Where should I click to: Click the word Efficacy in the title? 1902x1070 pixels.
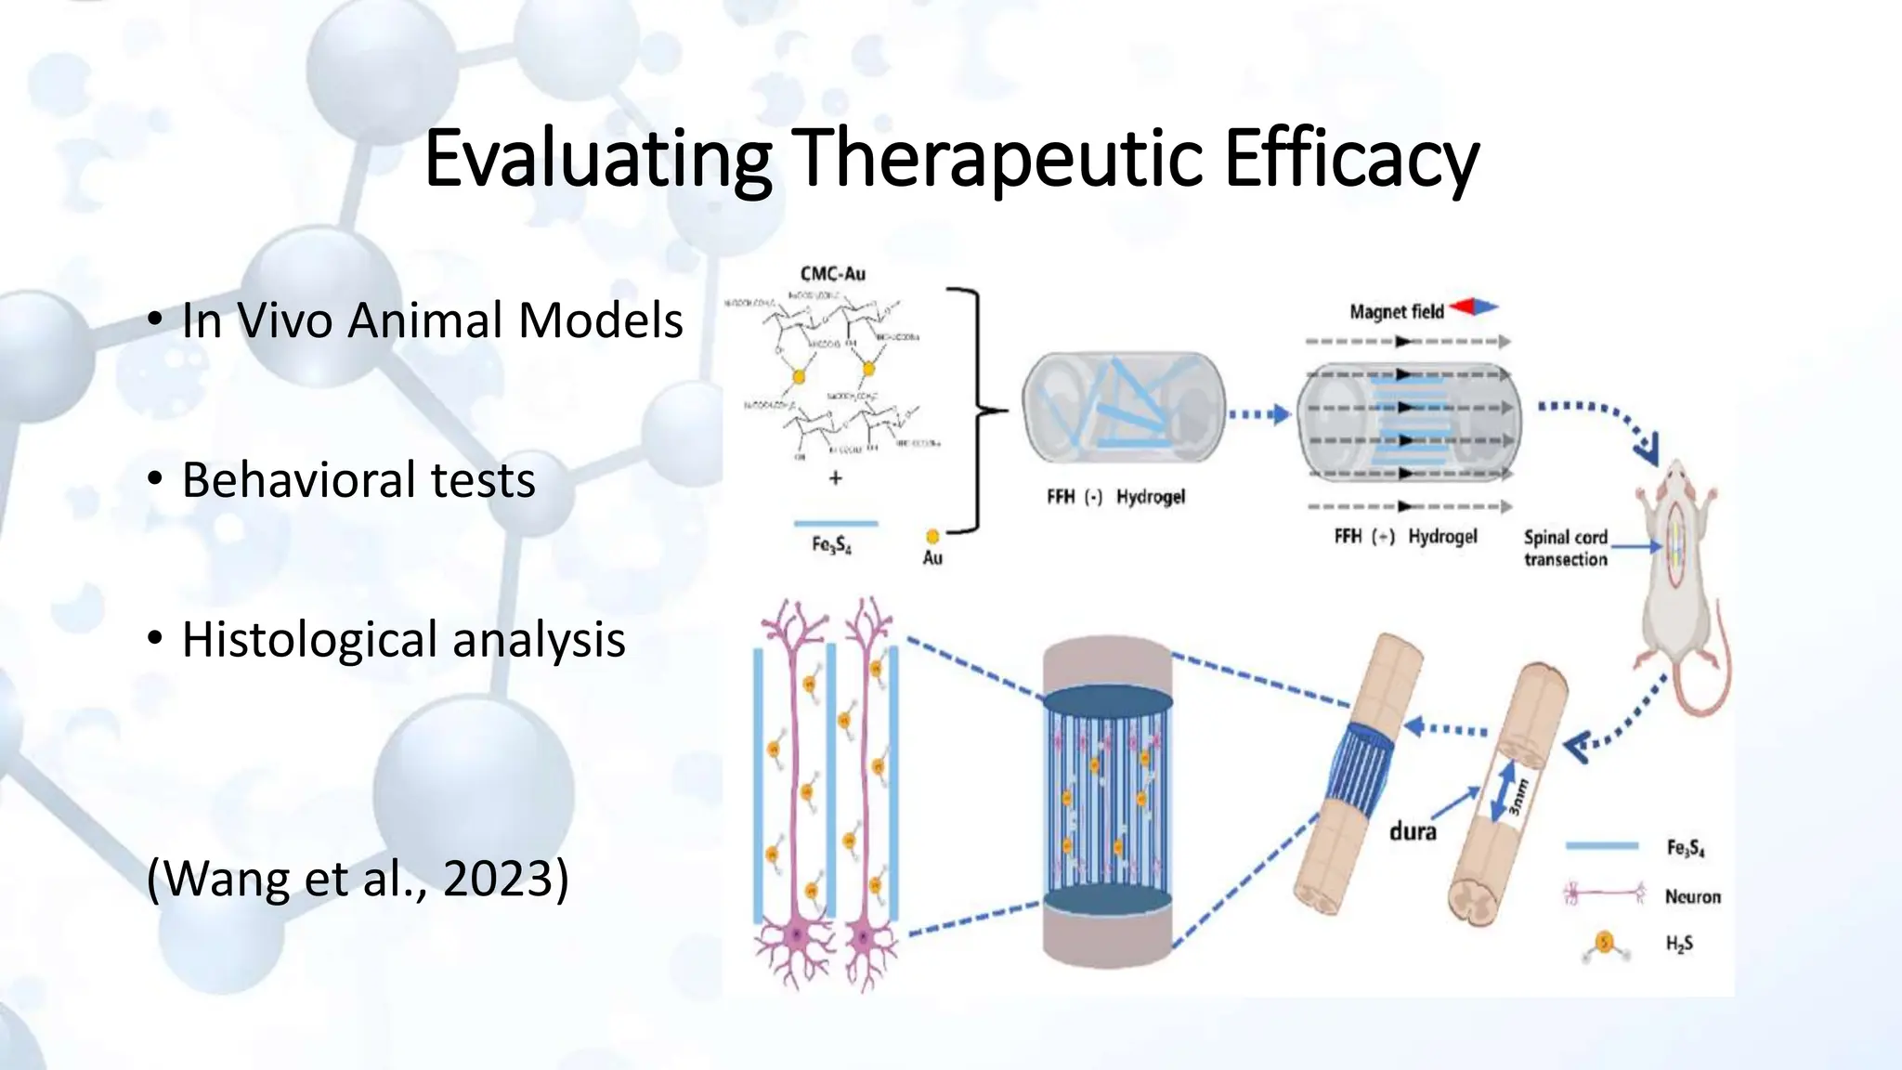(x=1350, y=160)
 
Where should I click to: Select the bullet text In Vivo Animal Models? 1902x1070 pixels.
(x=432, y=320)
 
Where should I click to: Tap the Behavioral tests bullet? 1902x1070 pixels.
(x=358, y=480)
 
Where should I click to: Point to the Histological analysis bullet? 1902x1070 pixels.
(x=403, y=640)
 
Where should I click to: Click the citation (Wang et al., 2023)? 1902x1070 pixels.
(x=358, y=878)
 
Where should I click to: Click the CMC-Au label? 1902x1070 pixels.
(x=832, y=274)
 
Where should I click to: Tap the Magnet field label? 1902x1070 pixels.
(x=1396, y=312)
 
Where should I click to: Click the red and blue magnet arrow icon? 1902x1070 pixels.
(x=1475, y=307)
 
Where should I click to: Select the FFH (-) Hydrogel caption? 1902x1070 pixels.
(x=1115, y=497)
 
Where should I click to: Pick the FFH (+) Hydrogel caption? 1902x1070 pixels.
(x=1404, y=537)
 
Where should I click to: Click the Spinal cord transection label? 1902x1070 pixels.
(x=1565, y=548)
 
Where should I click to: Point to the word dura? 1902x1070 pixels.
(x=1413, y=831)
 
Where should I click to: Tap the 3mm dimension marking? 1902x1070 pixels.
(x=1516, y=797)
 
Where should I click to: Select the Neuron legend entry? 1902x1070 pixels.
(x=1692, y=896)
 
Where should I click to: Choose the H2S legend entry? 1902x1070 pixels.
(x=1679, y=944)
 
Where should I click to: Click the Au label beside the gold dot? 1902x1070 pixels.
(x=932, y=557)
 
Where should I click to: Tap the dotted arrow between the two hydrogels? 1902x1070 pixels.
(x=1258, y=414)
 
